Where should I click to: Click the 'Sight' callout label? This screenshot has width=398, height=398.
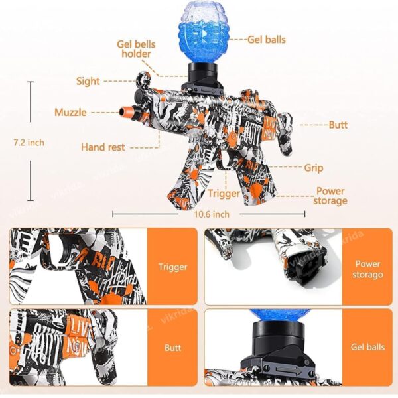point(88,81)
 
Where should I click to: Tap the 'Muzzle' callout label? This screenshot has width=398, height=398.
point(70,113)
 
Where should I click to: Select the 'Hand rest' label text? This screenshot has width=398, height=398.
point(103,147)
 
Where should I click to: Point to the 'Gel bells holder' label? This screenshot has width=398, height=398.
point(136,49)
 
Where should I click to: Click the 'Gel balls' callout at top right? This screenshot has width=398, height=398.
point(267,40)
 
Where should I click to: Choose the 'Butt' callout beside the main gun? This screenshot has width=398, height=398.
point(338,125)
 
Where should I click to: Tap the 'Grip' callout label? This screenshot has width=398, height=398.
point(314,168)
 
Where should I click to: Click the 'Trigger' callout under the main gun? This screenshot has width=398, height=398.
point(224,194)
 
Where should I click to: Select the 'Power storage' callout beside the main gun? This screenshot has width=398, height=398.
point(330,196)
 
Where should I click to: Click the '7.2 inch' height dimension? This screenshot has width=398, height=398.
point(29,143)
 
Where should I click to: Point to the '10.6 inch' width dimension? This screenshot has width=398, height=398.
point(212,214)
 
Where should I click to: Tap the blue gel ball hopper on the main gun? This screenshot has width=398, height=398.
point(204,33)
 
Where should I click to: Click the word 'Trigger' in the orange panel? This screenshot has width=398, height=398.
point(172,267)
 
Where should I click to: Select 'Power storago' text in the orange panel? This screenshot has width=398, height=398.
point(367,269)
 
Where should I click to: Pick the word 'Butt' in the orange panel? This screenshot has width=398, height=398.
point(172,348)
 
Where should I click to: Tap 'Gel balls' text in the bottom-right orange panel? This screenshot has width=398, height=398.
point(367,347)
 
